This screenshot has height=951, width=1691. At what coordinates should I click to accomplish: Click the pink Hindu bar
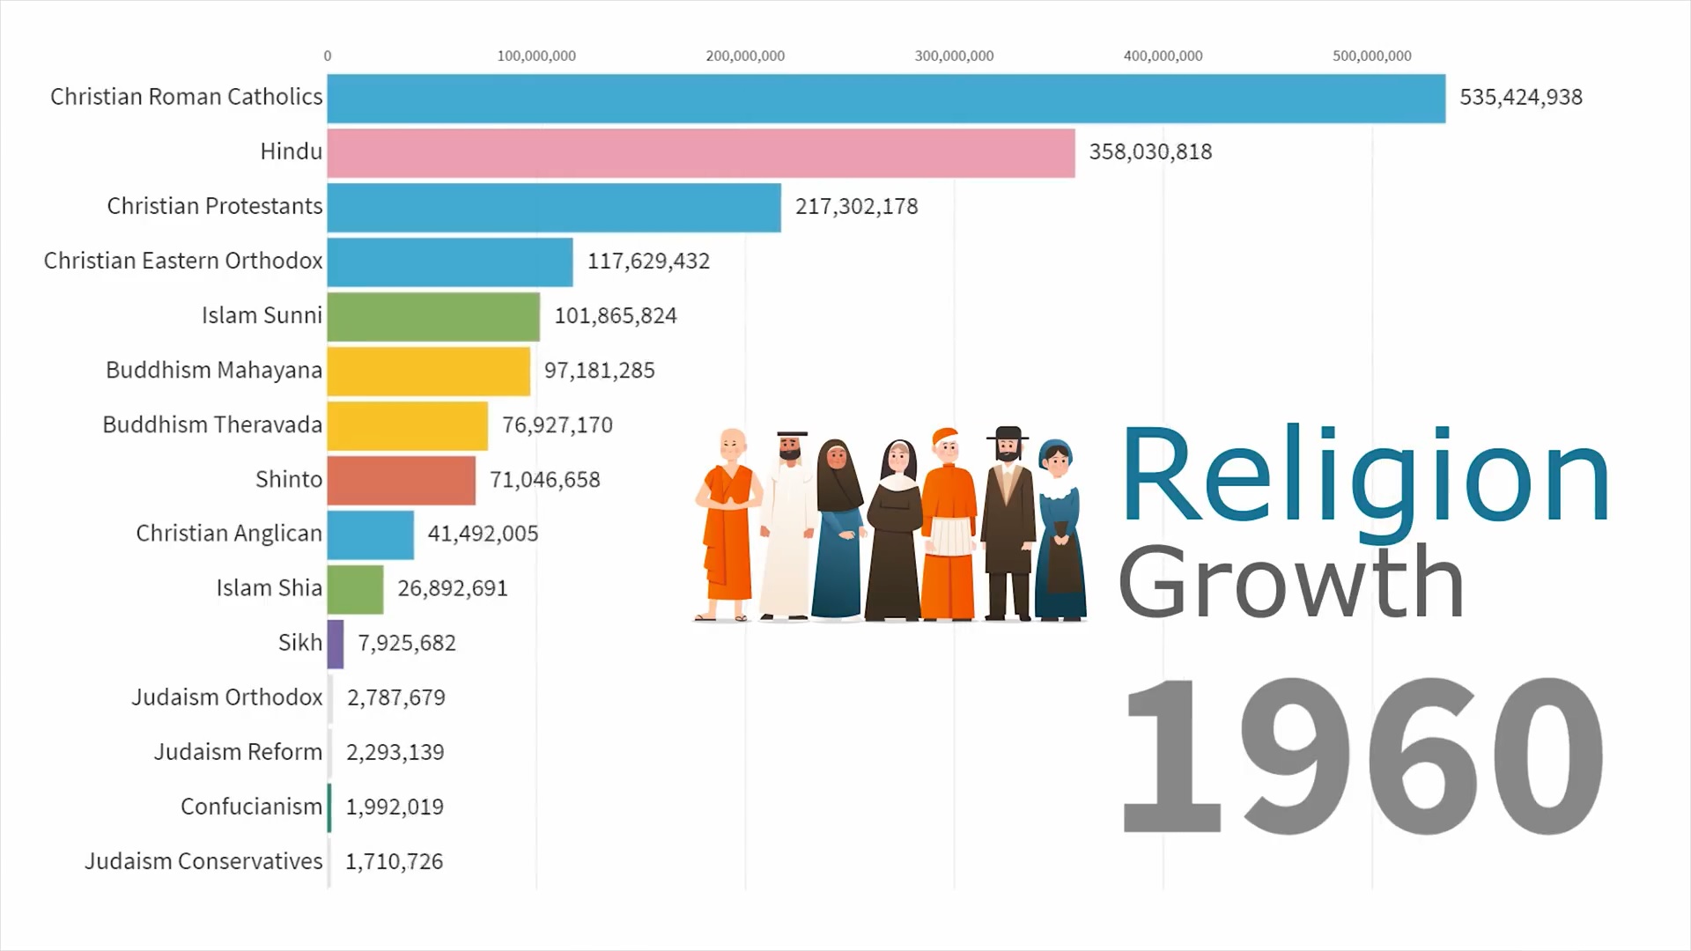click(700, 153)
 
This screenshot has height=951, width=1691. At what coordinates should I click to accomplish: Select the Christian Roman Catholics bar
click(885, 99)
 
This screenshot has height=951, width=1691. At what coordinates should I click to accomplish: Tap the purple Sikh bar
click(336, 644)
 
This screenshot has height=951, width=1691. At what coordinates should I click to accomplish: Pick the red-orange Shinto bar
click(401, 480)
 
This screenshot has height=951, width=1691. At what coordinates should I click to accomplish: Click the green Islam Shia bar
click(355, 589)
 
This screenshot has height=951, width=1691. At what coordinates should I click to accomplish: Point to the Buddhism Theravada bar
click(407, 425)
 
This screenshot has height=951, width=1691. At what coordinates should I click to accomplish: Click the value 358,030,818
click(1150, 152)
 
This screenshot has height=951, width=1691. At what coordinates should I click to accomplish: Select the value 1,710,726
click(394, 862)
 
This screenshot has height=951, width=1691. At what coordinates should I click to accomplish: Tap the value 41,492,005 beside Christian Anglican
click(483, 534)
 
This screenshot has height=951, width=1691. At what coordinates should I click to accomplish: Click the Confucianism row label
click(251, 807)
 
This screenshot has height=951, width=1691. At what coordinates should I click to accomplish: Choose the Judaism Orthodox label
click(226, 698)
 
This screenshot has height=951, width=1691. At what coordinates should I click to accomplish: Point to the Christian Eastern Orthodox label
click(183, 262)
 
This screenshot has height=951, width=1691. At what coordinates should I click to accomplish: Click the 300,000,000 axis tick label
click(954, 56)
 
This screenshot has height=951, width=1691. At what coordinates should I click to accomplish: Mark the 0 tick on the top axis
click(328, 56)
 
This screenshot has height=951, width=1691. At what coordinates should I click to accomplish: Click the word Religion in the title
click(1364, 477)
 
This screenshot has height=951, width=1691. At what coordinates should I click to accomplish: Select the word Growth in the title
click(1290, 583)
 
